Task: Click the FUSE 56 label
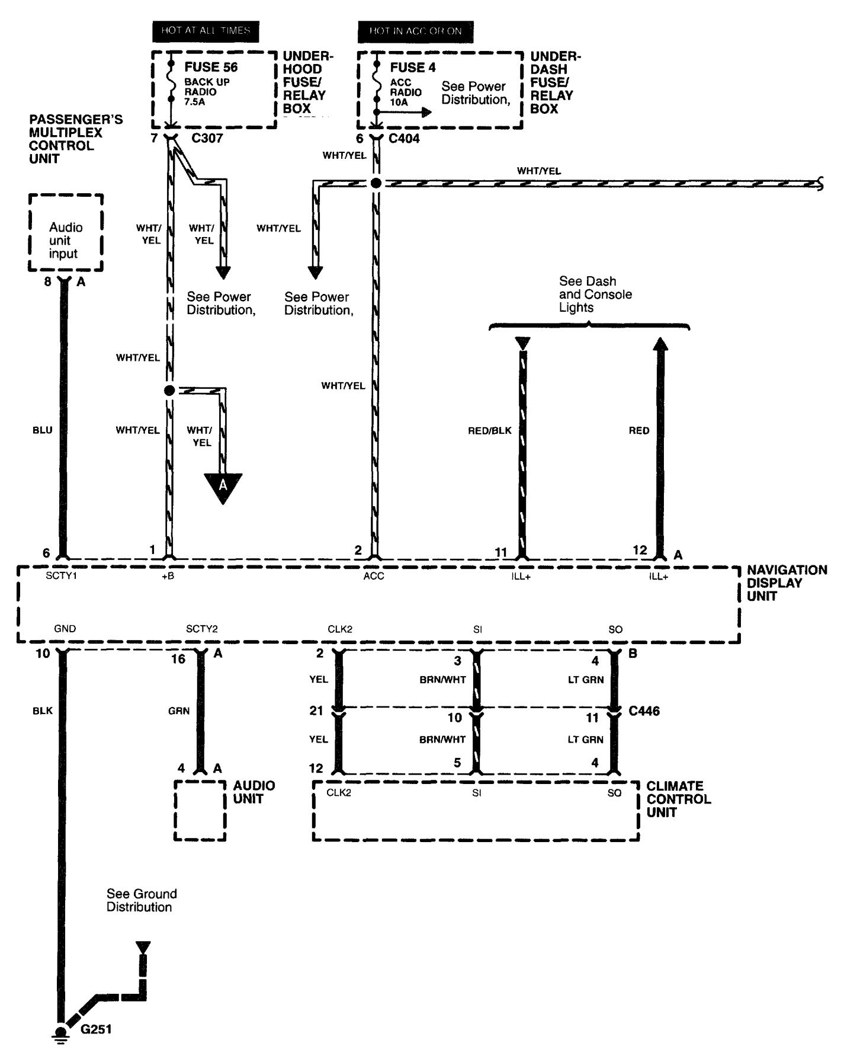click(211, 67)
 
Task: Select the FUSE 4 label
click(412, 68)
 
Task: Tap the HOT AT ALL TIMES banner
click(206, 31)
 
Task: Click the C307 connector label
click(207, 139)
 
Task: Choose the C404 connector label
click(404, 139)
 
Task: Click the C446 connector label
click(644, 711)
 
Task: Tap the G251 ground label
click(96, 1029)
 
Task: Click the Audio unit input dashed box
click(66, 233)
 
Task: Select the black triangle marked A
click(223, 487)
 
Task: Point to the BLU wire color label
click(43, 430)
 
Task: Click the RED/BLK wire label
click(489, 431)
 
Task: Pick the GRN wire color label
click(179, 711)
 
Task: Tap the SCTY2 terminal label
click(201, 629)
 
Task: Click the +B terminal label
click(168, 576)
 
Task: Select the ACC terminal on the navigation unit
click(374, 576)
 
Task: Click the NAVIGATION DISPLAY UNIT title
click(786, 583)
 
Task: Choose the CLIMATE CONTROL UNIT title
click(678, 799)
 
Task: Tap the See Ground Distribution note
click(141, 900)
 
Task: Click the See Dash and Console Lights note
click(595, 294)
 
